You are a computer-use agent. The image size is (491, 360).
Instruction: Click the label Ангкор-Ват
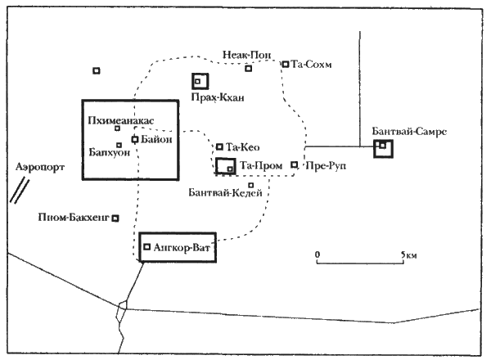[182, 246]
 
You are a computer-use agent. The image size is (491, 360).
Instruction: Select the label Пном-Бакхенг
[74, 218]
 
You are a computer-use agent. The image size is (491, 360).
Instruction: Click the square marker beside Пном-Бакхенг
[116, 218]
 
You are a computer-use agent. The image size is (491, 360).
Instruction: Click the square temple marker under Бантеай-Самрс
[382, 146]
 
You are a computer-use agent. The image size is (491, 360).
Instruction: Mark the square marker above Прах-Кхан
[198, 81]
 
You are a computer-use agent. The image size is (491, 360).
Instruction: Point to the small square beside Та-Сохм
[286, 64]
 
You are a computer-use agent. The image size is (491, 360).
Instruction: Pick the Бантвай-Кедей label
[225, 193]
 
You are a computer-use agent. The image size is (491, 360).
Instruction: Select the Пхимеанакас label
[120, 121]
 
